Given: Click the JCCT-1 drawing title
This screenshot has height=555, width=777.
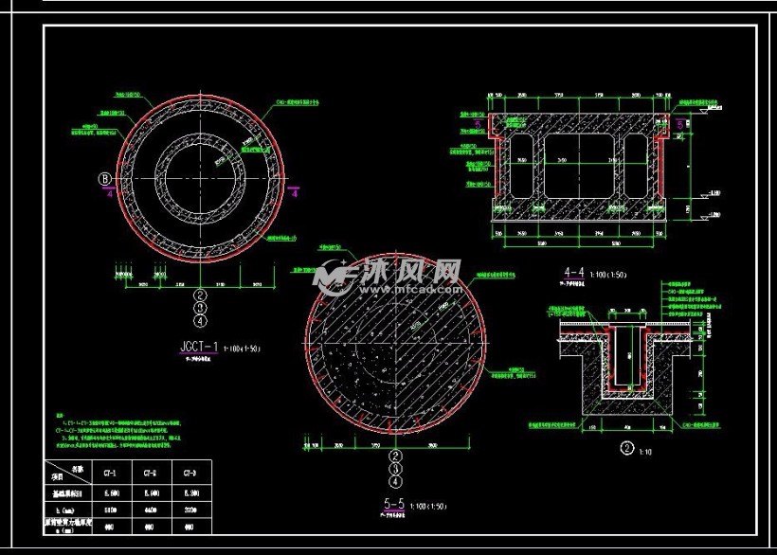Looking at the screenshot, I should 198,347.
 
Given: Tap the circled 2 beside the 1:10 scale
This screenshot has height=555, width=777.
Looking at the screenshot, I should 625,449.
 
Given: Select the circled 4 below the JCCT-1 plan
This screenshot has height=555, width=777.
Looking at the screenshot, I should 199,321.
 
